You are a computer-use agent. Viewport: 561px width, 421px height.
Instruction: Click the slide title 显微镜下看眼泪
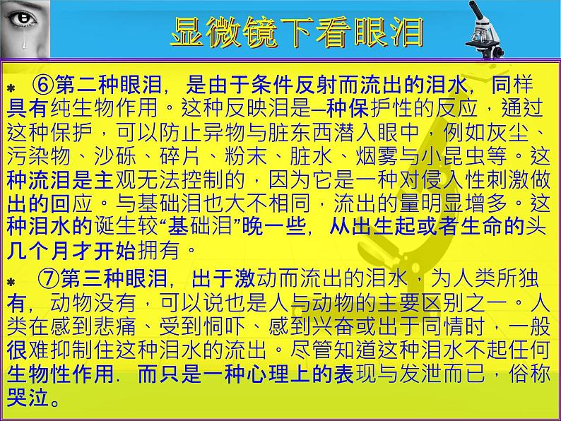click(x=297, y=32)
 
